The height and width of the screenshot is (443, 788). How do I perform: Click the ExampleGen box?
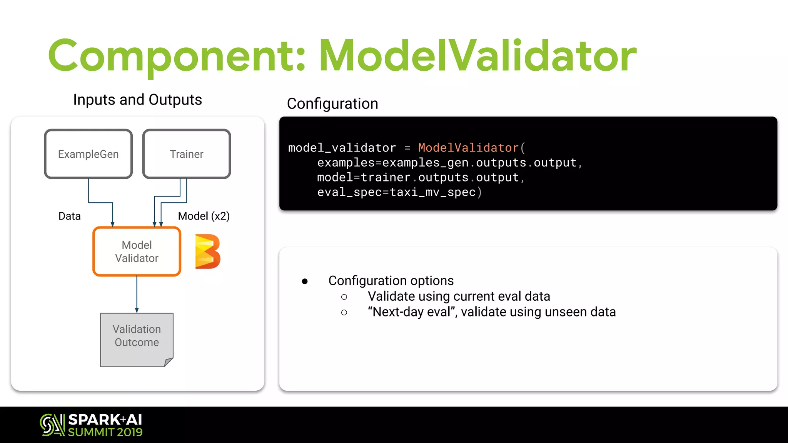click(x=88, y=154)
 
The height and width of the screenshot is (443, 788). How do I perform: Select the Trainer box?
click(x=187, y=154)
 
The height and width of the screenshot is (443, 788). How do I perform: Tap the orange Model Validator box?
click(x=137, y=251)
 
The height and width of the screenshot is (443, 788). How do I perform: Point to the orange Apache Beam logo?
click(x=207, y=251)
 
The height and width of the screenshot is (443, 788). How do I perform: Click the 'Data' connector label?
click(x=70, y=216)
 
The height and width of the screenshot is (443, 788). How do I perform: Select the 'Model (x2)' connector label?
click(x=204, y=216)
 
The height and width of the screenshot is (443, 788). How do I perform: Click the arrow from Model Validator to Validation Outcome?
click(x=137, y=294)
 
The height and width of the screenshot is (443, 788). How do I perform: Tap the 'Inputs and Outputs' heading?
click(x=137, y=100)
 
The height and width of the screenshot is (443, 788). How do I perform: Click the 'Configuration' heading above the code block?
click(x=332, y=104)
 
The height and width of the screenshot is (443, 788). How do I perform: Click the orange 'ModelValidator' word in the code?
click(x=468, y=148)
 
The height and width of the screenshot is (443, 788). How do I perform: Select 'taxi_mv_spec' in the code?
click(x=433, y=192)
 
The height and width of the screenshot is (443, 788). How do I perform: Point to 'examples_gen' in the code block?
click(x=426, y=163)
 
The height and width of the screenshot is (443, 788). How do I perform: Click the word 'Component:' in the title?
click(x=177, y=56)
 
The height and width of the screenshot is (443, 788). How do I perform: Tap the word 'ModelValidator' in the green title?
click(x=477, y=56)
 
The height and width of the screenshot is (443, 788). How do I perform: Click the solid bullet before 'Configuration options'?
click(x=305, y=281)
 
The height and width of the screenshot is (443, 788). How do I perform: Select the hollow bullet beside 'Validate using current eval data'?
click(x=344, y=297)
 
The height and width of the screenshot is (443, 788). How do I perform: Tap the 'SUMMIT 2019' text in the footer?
click(x=105, y=432)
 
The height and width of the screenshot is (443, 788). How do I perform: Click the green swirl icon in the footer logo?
click(x=52, y=425)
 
